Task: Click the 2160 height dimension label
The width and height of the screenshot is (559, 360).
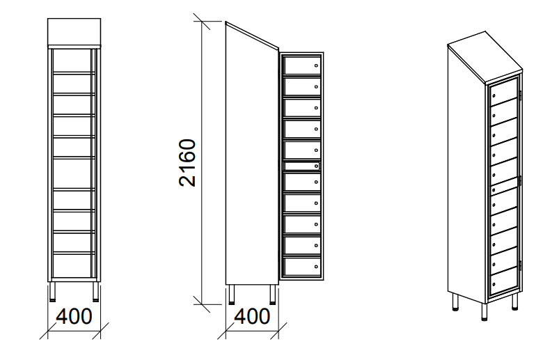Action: tap(187, 163)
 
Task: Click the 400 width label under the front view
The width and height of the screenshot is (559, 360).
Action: tap(74, 316)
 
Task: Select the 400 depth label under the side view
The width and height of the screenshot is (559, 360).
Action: tap(252, 316)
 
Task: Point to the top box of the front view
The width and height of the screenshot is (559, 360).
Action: tap(74, 32)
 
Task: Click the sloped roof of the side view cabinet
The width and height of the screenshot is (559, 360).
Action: tap(252, 35)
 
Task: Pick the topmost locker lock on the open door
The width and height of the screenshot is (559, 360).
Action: tap(316, 65)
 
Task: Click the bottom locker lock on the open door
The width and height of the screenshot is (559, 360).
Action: tap(316, 266)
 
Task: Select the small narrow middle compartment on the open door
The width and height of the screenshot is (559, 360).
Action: tap(301, 166)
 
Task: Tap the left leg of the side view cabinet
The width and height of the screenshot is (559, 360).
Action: tap(232, 295)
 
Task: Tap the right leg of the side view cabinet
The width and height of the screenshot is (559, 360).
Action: tap(273, 295)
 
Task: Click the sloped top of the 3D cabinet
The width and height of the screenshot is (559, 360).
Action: tap(485, 56)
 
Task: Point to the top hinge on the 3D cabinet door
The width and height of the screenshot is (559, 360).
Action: tap(520, 95)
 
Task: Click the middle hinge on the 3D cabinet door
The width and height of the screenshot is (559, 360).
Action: tap(520, 180)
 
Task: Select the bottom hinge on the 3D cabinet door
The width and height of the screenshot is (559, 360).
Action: tap(520, 265)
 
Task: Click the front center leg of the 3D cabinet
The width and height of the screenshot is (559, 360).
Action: tap(484, 311)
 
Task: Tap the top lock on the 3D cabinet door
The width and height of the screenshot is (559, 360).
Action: tap(494, 96)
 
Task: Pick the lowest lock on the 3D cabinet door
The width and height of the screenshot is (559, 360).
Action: tap(494, 284)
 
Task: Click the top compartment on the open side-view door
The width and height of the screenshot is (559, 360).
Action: tap(301, 65)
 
